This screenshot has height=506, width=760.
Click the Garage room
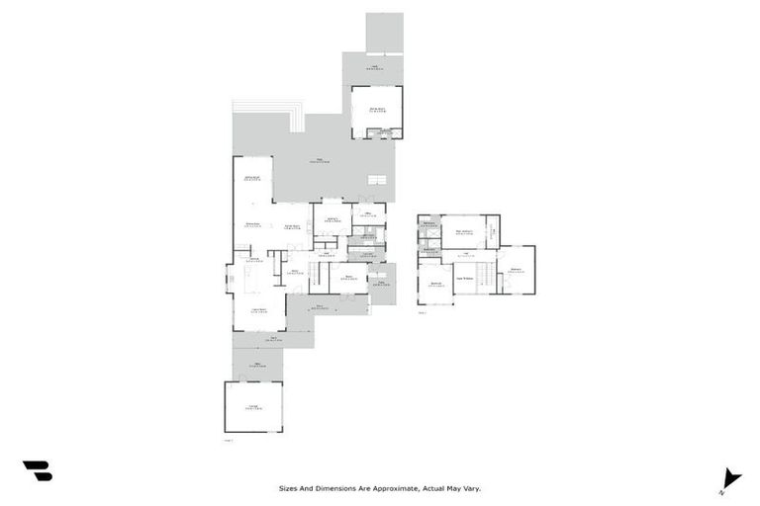253,407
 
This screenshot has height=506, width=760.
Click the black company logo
38,471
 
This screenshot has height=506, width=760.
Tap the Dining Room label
253,225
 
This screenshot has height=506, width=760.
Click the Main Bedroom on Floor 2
463,232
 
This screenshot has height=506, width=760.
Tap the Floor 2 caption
422,312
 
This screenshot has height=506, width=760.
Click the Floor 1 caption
230,440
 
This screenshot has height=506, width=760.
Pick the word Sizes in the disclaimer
288,487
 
